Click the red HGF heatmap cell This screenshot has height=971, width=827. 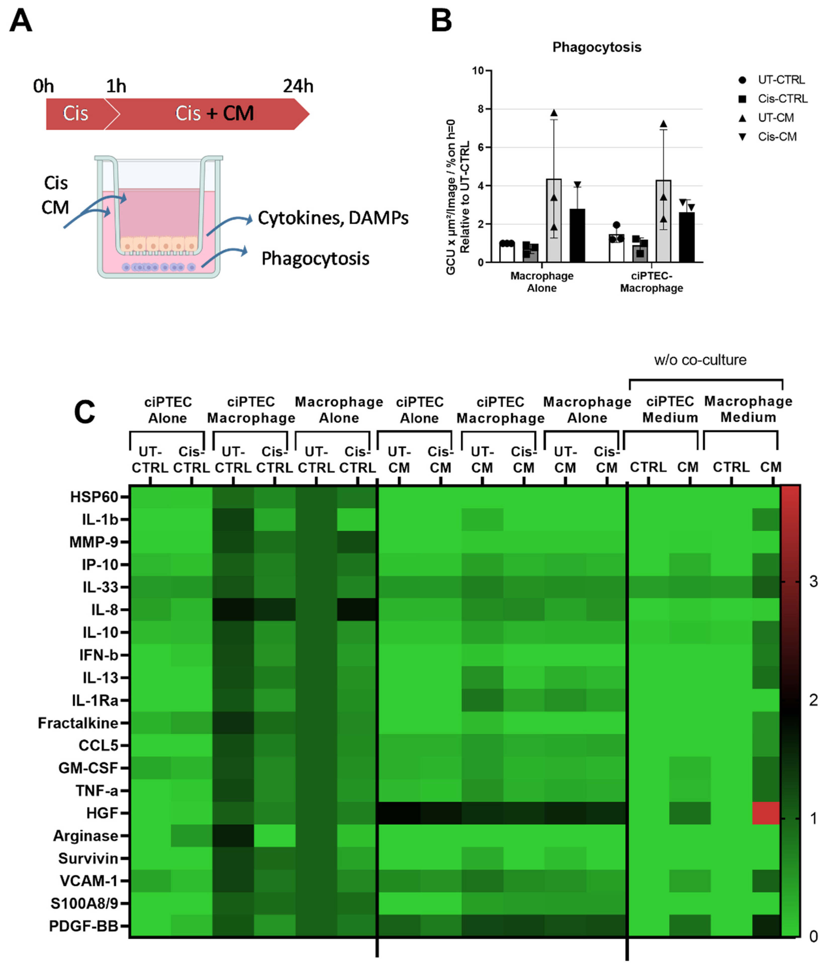[x=766, y=813]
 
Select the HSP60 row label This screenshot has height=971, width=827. [x=94, y=497]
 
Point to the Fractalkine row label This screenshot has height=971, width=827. [x=78, y=723]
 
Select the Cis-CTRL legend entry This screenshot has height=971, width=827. [x=782, y=99]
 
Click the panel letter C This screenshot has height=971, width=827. [x=84, y=412]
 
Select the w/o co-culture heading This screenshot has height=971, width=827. [x=700, y=360]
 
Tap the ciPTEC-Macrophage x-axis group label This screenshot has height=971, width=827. [x=651, y=282]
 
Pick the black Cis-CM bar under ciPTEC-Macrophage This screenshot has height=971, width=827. [x=687, y=237]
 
